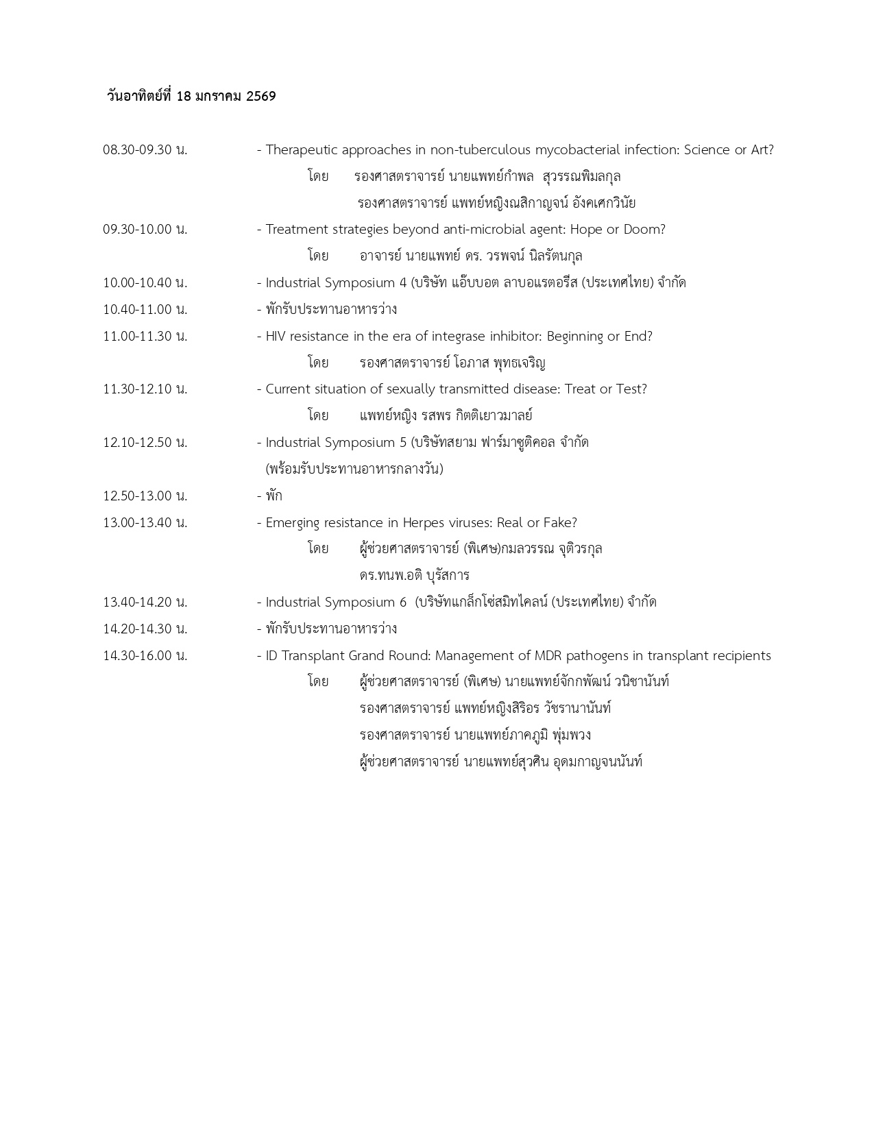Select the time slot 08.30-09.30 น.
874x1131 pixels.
click(145, 149)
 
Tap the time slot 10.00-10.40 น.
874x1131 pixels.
click(145, 282)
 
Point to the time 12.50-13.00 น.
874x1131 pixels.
click(145, 496)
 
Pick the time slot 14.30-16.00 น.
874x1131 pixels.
click(145, 655)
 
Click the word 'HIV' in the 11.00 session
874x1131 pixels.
click(276, 336)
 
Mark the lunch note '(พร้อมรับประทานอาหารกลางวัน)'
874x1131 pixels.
click(354, 469)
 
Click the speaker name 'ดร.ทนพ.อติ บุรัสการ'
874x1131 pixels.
click(414, 575)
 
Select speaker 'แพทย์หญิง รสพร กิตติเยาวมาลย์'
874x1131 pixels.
click(446, 415)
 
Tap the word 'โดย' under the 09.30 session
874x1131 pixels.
click(318, 256)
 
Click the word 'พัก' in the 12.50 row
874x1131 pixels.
click(274, 496)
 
